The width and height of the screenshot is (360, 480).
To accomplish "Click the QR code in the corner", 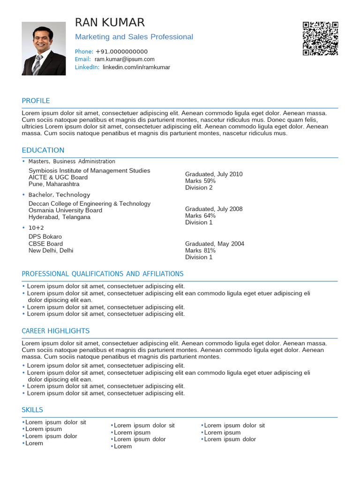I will (x=321, y=38).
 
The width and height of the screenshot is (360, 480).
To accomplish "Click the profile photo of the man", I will (x=44, y=48).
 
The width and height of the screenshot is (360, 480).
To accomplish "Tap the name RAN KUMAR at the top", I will (x=110, y=22).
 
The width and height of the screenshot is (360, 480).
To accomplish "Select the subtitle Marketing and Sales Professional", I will (x=134, y=37).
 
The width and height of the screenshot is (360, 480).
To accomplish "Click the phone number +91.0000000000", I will (x=121, y=52).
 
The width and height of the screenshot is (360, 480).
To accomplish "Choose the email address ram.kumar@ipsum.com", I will (x=124, y=60).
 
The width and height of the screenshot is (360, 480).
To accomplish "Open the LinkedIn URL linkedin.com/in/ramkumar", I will (x=136, y=67).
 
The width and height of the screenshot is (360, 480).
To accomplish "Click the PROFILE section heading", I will (x=36, y=101).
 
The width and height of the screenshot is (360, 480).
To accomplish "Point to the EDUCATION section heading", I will (x=43, y=150).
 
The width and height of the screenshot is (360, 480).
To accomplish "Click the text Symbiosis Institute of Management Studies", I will (x=90, y=171).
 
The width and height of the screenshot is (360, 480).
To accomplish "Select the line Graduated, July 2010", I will (x=214, y=174).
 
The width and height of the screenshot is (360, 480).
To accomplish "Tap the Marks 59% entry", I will (x=200, y=181).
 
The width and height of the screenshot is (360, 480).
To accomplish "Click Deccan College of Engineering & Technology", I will (x=90, y=204).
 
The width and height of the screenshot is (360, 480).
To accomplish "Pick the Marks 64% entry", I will (x=200, y=216).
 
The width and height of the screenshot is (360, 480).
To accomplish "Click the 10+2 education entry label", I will (x=36, y=228).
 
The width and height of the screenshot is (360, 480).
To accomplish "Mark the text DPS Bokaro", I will (x=45, y=237).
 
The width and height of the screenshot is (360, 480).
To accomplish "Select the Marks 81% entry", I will (x=200, y=250).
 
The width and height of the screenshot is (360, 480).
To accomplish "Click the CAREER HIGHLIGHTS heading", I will (x=56, y=331).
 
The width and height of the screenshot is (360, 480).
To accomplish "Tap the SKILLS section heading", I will (x=32, y=410).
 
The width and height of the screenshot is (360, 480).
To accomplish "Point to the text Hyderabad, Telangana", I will (x=60, y=217).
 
